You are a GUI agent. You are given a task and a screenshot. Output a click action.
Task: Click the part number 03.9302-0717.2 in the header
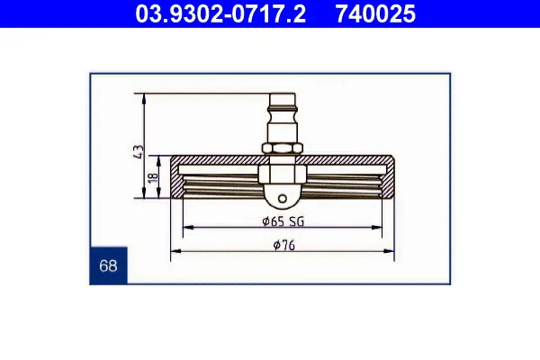tap(220, 13)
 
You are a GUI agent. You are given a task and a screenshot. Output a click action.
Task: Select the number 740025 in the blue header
tap(375, 13)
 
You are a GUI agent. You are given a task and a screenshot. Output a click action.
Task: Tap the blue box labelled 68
tap(108, 265)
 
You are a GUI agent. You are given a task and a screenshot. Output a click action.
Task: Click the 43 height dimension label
tap(138, 152)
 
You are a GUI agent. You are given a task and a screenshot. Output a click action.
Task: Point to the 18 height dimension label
tap(152, 177)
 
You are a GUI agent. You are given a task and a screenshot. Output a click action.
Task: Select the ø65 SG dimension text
tap(283, 221)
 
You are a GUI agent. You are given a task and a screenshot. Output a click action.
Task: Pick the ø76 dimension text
tap(284, 246)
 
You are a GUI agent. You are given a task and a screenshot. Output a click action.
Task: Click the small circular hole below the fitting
tap(283, 198)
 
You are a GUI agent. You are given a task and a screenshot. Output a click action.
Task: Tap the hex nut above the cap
tap(283, 148)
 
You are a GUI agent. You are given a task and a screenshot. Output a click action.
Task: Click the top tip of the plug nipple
tap(283, 94)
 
